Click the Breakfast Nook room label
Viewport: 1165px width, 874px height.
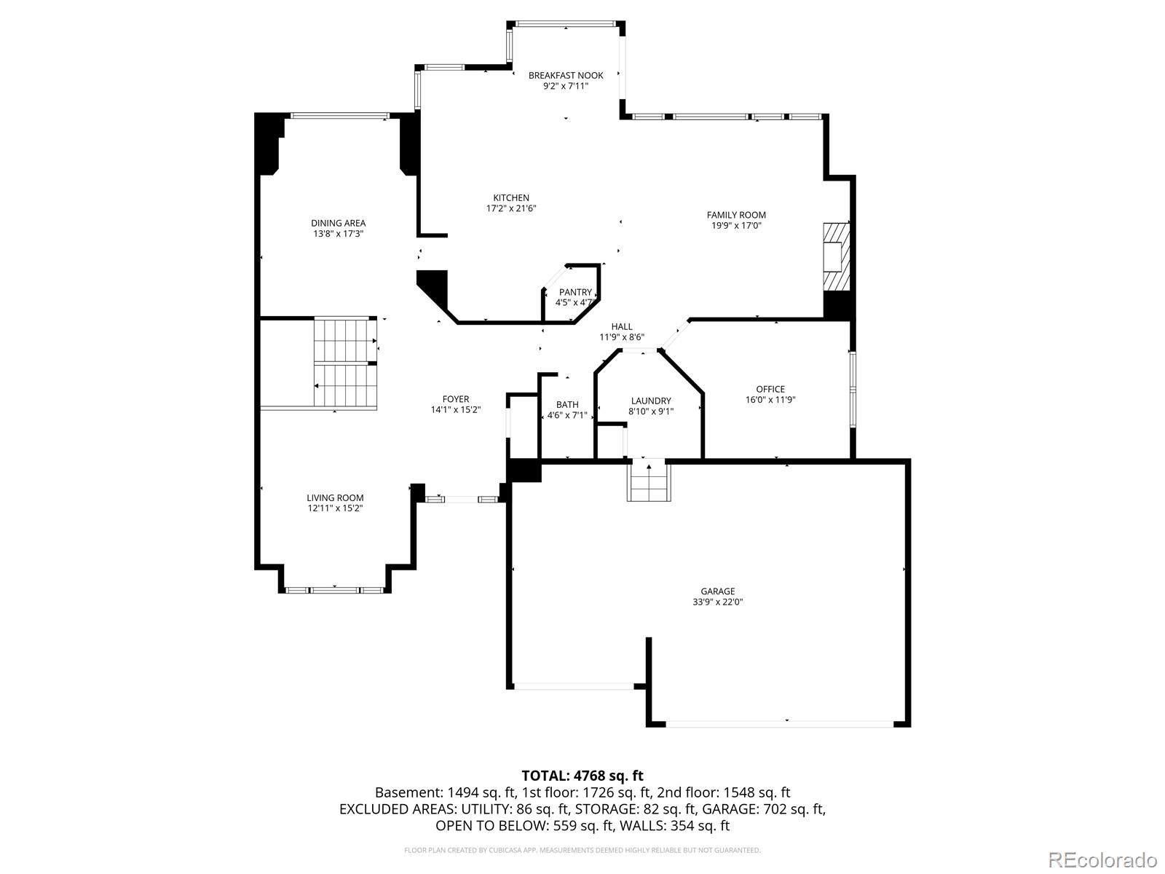(x=566, y=75)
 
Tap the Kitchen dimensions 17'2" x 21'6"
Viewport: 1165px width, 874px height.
(x=511, y=208)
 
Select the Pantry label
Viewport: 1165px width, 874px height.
(x=575, y=292)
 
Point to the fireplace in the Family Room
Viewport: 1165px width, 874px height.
(x=836, y=256)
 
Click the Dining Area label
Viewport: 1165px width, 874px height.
(x=338, y=223)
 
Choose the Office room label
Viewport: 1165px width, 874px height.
(x=770, y=389)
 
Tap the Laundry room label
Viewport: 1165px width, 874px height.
(x=651, y=401)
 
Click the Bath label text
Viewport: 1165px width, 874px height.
(x=567, y=404)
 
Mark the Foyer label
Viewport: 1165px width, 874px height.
(x=456, y=398)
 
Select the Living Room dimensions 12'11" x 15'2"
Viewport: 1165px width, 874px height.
(x=335, y=508)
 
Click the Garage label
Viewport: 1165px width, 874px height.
(x=718, y=591)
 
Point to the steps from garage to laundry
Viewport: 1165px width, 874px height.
(x=647, y=481)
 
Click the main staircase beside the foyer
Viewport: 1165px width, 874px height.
(x=346, y=362)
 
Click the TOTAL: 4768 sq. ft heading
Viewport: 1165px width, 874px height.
(x=582, y=776)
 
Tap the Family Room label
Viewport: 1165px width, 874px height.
(x=736, y=215)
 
